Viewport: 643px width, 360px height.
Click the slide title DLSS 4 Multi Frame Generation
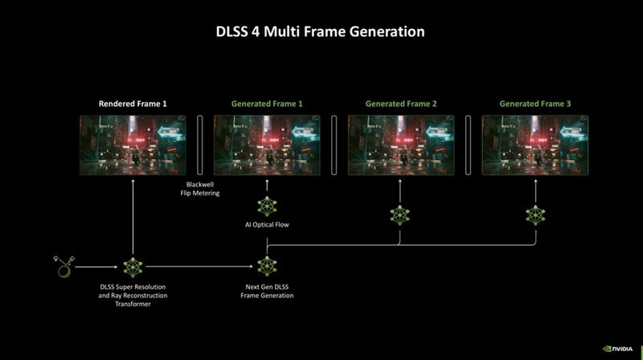coord(321,32)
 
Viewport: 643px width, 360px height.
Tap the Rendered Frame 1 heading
coord(133,104)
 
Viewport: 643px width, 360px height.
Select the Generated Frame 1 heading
coord(267,104)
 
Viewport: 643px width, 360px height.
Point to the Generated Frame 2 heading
coord(401,104)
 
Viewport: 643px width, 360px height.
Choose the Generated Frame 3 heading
coord(534,104)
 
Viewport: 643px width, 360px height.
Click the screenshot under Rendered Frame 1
coord(133,145)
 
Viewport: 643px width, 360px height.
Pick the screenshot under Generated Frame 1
coord(267,145)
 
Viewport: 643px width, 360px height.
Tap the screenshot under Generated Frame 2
coord(401,145)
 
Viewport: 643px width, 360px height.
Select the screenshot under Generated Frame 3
coord(534,145)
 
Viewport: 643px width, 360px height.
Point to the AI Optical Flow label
coord(267,225)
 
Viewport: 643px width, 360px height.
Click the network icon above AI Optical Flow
coord(267,207)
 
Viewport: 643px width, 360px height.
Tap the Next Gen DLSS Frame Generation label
coord(267,291)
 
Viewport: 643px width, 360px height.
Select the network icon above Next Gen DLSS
coord(267,266)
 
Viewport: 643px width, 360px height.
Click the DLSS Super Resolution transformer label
coord(133,296)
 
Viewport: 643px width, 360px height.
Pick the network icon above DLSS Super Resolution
coord(133,266)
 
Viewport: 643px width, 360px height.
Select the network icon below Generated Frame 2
coord(400,215)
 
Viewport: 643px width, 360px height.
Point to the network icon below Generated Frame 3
coord(534,215)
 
